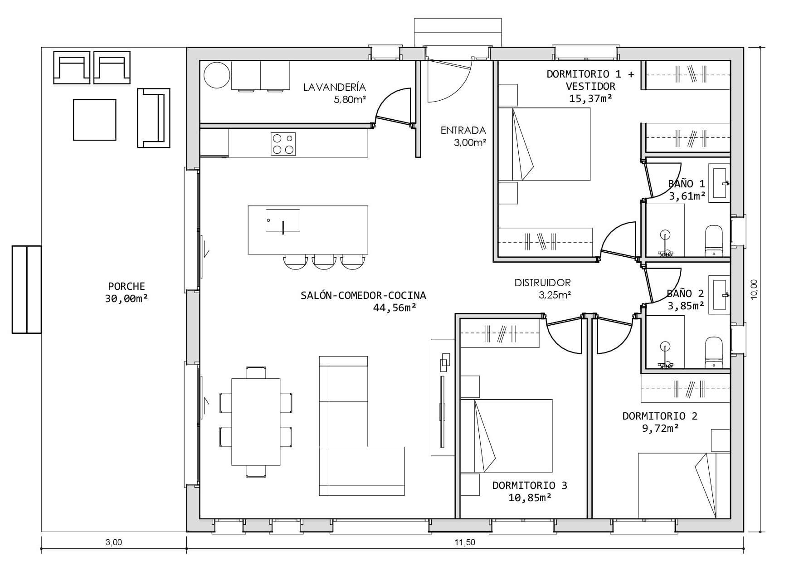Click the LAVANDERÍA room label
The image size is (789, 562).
pos(335,87)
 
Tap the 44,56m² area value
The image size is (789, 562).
pos(394,308)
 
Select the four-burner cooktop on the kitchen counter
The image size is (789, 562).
pos(283,144)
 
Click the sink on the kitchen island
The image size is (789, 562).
pos(282,220)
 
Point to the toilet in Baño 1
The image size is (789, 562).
pos(713,240)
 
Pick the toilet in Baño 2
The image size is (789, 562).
pos(713,352)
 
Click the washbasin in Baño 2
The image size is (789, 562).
pos(721,294)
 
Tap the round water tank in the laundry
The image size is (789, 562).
pos(217,75)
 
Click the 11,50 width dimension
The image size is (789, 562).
pos(464,542)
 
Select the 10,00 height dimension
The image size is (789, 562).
pos(754,289)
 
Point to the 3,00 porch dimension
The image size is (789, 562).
pos(113,542)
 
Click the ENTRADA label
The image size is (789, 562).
pos(463,131)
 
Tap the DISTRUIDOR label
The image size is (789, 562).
pos(542,283)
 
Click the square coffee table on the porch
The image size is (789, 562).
pos(95,120)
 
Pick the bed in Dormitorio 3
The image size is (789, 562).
pos(513,435)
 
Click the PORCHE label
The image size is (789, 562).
pos(127,286)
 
